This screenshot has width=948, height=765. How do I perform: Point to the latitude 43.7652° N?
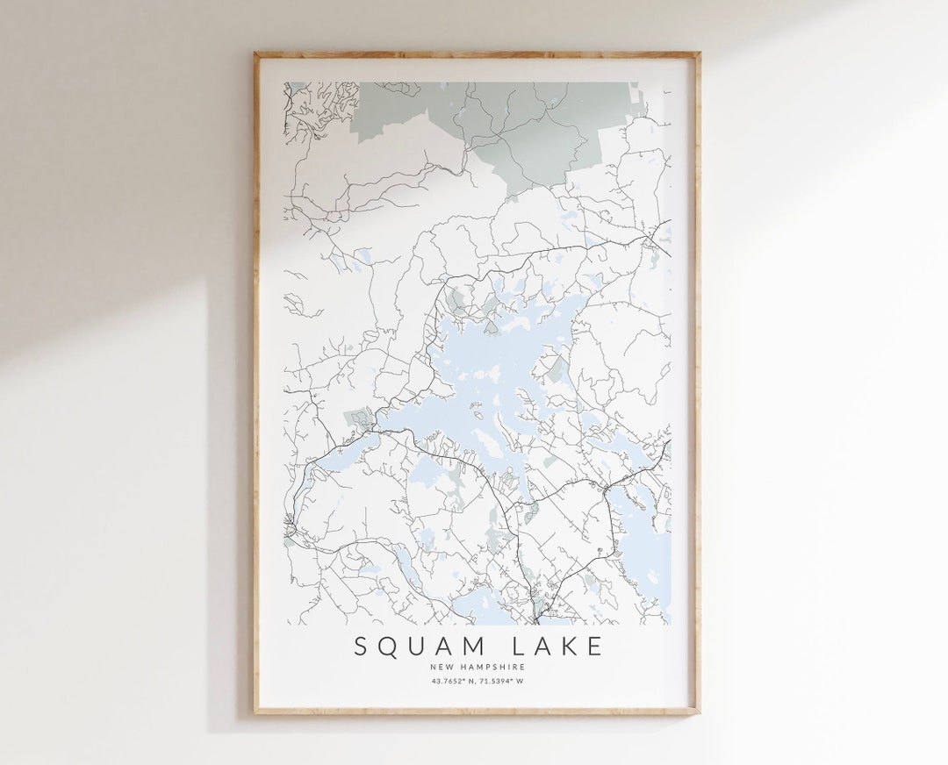point(450,681)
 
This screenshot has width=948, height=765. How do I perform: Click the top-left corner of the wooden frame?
point(255,54)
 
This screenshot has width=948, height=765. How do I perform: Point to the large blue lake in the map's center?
point(492,368)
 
